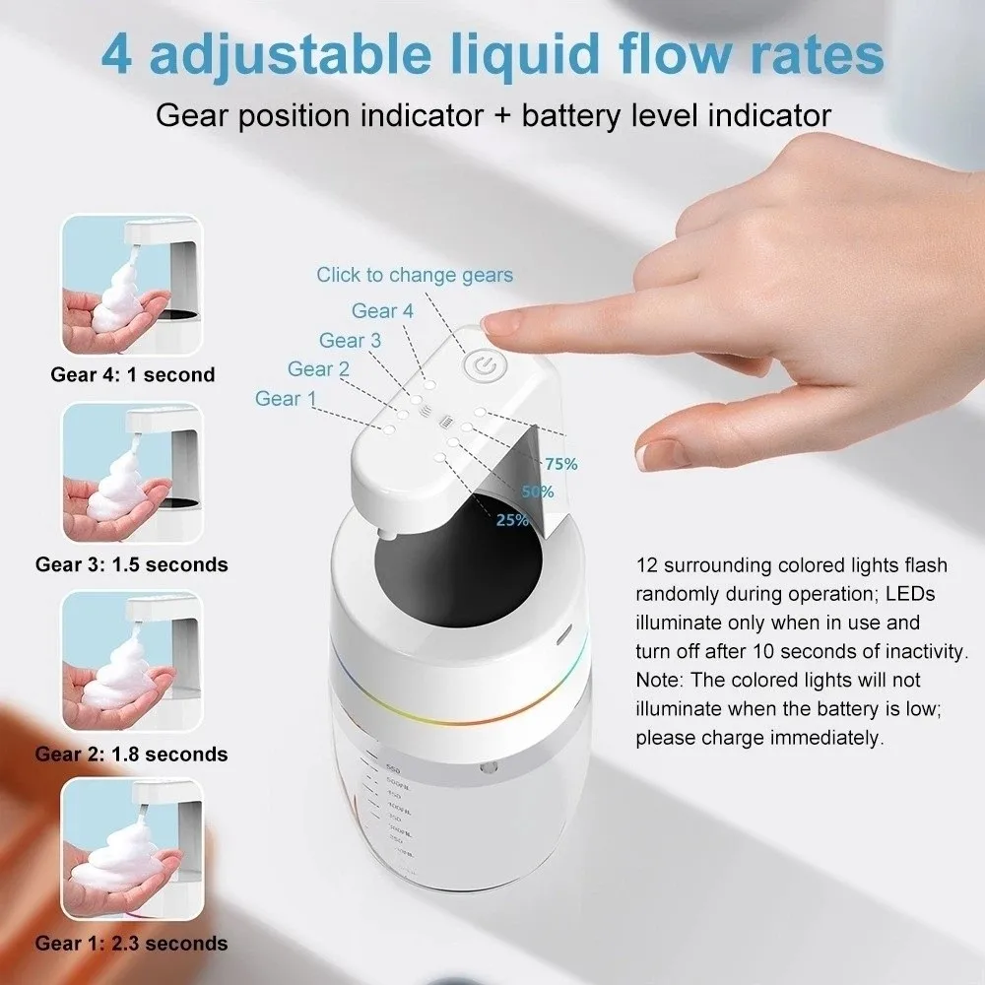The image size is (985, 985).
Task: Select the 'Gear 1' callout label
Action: coord(286,399)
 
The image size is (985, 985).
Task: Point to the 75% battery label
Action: coord(560,464)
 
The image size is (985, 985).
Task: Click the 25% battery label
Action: coord(512,520)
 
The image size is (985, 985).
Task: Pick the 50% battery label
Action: coord(538,492)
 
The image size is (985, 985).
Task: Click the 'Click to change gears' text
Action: coord(415,275)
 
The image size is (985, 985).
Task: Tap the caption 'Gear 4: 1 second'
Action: coord(132,374)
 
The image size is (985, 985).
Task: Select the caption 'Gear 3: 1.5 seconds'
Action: coord(131,564)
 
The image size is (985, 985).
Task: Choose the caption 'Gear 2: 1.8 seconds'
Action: coord(131,755)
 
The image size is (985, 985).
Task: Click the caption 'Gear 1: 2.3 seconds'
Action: coord(131,944)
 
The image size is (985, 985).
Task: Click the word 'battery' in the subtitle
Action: coord(570,115)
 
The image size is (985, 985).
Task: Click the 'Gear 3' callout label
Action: coord(350,341)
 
